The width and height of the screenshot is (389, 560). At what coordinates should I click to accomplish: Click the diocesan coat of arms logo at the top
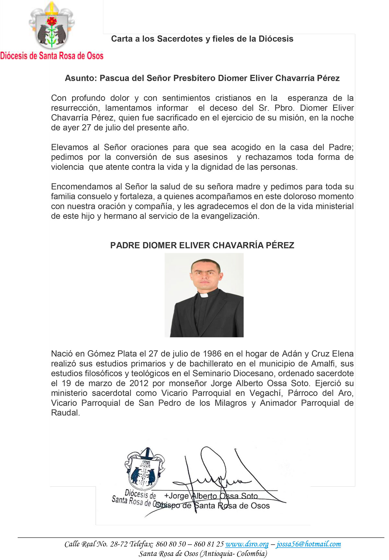tap(51, 26)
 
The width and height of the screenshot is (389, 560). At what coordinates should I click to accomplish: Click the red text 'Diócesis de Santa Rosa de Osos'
tap(52, 56)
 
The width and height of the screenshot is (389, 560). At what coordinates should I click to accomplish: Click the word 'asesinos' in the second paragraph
tap(210, 157)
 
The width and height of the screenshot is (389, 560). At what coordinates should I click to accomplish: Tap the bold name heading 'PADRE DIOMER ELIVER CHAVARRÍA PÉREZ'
tap(202, 245)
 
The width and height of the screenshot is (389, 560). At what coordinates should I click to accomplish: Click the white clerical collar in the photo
tap(204, 295)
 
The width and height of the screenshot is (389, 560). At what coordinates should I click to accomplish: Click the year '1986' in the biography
tap(212, 354)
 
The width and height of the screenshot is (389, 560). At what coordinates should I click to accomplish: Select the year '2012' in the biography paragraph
tap(138, 383)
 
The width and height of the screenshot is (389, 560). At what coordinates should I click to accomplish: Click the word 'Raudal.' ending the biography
tap(65, 413)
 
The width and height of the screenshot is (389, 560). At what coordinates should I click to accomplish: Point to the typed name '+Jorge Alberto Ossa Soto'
tap(211, 496)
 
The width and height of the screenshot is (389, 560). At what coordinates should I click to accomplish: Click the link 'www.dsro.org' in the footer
tap(247, 544)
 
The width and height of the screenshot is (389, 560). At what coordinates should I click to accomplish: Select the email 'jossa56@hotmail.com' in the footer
tap(308, 544)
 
